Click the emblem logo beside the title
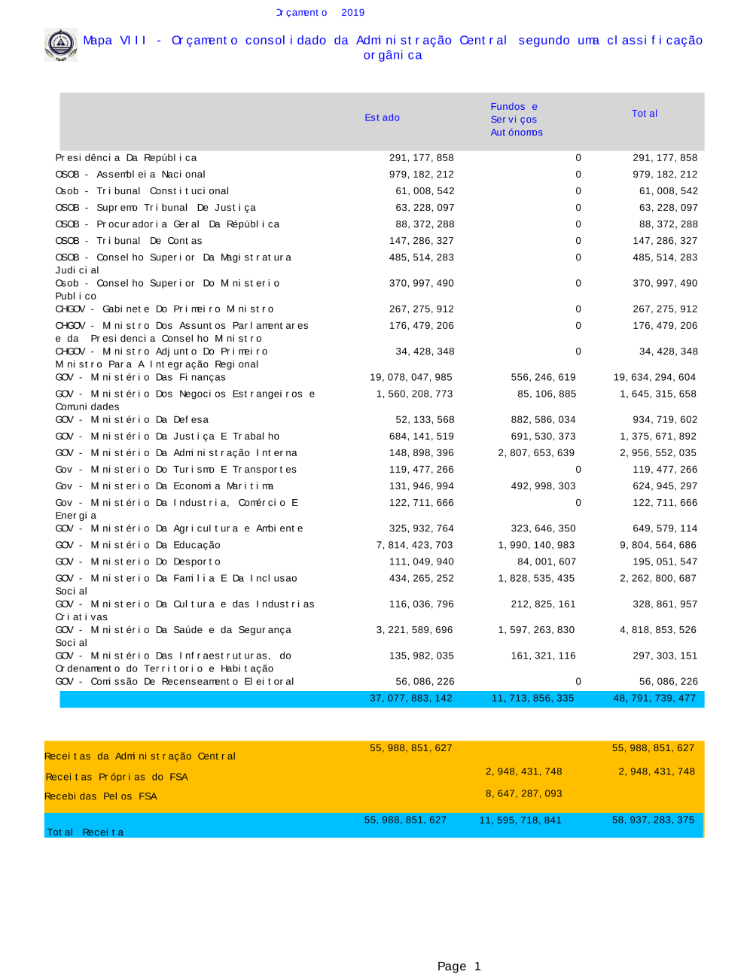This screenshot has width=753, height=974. pos(60,44)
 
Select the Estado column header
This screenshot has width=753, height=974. pos(382,117)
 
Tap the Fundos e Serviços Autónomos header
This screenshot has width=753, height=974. pos(516,120)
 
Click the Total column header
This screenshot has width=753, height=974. pos(644,114)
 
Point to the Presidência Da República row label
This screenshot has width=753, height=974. pos(126,158)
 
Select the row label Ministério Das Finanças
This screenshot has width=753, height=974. pos(140,377)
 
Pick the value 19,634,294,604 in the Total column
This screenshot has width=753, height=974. pos(654,377)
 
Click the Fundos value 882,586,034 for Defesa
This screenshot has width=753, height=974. pos(543,420)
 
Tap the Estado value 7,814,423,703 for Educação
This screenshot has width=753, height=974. pos(415,545)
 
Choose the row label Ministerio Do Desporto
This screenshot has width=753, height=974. pos(138,562)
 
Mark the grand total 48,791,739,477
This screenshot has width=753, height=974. pos(654,699)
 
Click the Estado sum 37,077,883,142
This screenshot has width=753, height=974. pos(410,699)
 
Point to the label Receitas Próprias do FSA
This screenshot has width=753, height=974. pos(117,777)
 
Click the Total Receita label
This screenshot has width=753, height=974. pos(85,832)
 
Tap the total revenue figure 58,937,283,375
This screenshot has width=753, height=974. pos(653,820)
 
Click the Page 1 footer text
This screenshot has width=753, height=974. pos(459,966)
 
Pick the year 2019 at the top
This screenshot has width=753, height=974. pos(352,13)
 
